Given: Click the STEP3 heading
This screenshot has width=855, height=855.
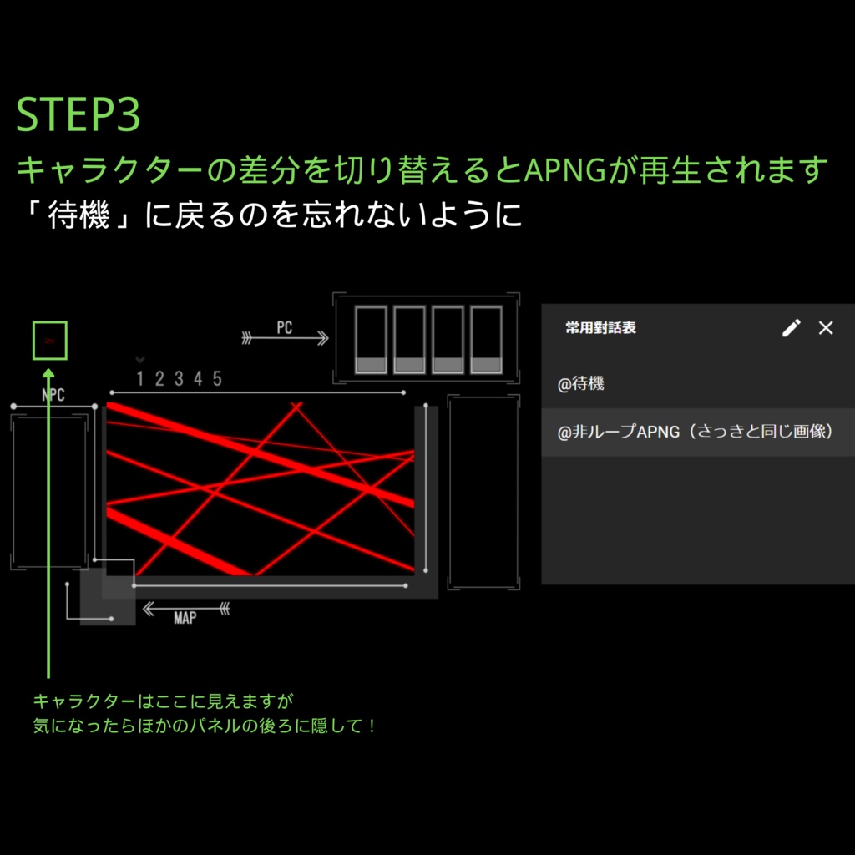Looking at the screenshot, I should [78, 116].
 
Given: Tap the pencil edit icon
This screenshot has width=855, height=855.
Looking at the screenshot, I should [791, 328].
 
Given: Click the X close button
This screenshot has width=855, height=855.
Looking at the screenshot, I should [826, 328].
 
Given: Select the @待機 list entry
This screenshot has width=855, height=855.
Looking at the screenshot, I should [582, 384].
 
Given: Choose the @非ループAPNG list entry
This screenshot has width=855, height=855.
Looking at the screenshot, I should [696, 433].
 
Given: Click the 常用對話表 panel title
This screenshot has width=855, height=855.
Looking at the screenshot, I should [600, 328].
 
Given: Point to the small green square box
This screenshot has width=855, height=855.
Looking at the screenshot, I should [49, 341].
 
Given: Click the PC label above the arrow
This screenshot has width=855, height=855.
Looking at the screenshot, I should [285, 327].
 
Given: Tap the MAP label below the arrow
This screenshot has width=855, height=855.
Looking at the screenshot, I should [185, 619].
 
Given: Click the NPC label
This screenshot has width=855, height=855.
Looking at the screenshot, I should [53, 395].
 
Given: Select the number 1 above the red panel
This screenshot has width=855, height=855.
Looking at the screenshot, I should [140, 379].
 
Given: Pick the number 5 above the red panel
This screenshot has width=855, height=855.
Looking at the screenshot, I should [217, 379].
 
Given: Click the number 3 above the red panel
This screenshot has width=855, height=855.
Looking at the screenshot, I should [179, 379].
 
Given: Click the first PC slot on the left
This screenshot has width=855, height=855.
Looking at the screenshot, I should [371, 340].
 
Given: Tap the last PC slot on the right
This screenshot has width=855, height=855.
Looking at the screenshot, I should [486, 340].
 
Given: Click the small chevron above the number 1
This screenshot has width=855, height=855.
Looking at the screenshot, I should [140, 360].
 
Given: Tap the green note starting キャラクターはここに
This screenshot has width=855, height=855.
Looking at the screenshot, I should [164, 701].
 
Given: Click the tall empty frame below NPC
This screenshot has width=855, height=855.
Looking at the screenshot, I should [48, 490].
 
